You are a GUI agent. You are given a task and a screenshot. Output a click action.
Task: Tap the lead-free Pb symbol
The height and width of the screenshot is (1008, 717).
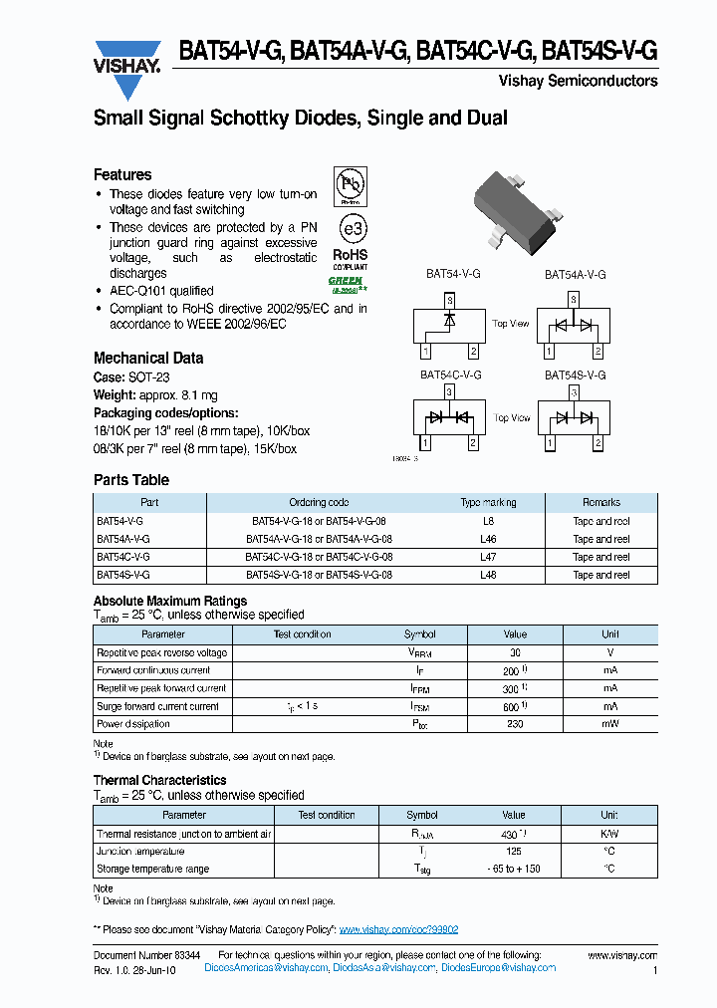click(x=350, y=185)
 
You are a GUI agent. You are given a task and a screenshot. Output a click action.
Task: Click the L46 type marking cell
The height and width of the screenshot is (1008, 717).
click(x=488, y=539)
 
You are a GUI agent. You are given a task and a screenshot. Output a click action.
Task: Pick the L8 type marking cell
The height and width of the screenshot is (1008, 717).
click(x=488, y=521)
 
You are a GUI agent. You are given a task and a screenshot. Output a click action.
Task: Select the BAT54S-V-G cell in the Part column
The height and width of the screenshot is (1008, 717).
click(x=123, y=575)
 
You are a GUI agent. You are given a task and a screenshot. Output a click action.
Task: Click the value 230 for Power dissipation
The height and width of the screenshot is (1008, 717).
click(x=515, y=724)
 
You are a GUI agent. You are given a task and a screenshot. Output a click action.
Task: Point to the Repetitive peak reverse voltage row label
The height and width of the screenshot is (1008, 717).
click(x=161, y=652)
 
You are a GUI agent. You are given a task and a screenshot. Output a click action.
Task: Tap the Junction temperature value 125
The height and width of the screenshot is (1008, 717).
click(x=514, y=852)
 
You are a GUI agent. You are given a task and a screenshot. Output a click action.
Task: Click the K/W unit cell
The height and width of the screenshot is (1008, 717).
click(x=609, y=833)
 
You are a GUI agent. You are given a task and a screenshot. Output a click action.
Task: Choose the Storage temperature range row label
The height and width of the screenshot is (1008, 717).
click(x=152, y=869)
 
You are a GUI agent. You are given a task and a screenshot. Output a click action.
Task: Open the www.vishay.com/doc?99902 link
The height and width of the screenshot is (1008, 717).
click(x=398, y=929)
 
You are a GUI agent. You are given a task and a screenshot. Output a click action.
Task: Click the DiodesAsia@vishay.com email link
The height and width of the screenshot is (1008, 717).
click(x=384, y=967)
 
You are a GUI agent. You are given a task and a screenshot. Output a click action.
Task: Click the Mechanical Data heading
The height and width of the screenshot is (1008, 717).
click(x=148, y=358)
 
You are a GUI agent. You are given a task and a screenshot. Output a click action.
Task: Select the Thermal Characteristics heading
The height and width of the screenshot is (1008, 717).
click(x=159, y=780)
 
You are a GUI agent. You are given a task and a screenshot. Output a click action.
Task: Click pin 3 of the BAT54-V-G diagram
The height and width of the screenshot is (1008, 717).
click(x=449, y=299)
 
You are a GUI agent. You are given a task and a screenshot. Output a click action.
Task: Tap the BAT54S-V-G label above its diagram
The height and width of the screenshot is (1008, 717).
click(x=575, y=375)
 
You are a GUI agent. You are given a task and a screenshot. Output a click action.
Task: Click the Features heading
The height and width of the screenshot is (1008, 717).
click(x=122, y=174)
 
